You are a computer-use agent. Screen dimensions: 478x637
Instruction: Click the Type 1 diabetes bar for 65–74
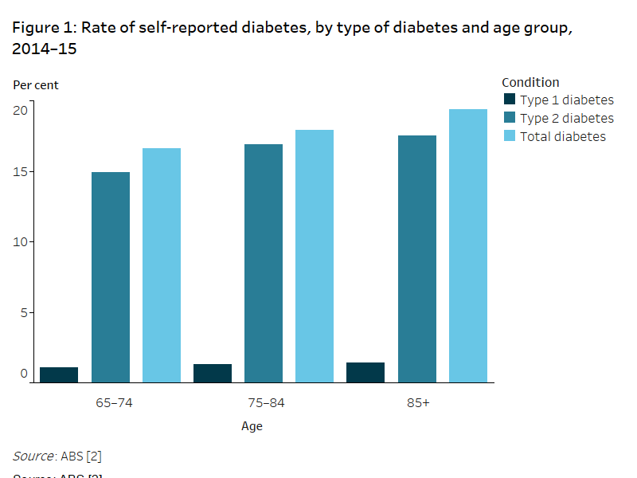tap(59, 374)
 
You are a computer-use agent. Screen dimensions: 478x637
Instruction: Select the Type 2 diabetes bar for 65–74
tap(111, 277)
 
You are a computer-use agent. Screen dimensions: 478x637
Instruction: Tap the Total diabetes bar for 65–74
tap(162, 265)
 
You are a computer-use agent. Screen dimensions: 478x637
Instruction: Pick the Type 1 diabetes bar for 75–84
tap(213, 373)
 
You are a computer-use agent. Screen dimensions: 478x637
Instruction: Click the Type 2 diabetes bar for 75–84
tap(264, 263)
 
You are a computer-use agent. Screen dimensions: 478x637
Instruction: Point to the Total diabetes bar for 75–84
tap(315, 256)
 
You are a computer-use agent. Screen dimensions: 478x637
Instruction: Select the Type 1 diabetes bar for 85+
tap(365, 372)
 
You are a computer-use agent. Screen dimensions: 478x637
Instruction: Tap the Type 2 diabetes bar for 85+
tap(417, 259)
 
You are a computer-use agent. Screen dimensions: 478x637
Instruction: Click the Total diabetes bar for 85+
tap(468, 245)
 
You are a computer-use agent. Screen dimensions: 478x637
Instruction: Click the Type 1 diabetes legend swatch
tap(510, 100)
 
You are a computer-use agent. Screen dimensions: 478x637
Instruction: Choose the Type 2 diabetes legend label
tap(567, 118)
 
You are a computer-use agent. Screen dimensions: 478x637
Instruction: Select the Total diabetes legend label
tap(563, 136)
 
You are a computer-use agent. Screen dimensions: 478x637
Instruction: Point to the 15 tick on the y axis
tap(21, 172)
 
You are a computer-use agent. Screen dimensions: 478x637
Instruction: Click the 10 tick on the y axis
tap(21, 242)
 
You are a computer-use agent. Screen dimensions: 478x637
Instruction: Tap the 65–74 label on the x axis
tap(114, 402)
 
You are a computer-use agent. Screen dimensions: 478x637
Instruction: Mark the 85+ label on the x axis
tap(418, 402)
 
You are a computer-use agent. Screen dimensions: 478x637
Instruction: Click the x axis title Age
tap(252, 426)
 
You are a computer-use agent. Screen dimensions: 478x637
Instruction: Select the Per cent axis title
tap(36, 84)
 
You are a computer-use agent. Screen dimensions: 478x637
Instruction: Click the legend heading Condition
tap(530, 82)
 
